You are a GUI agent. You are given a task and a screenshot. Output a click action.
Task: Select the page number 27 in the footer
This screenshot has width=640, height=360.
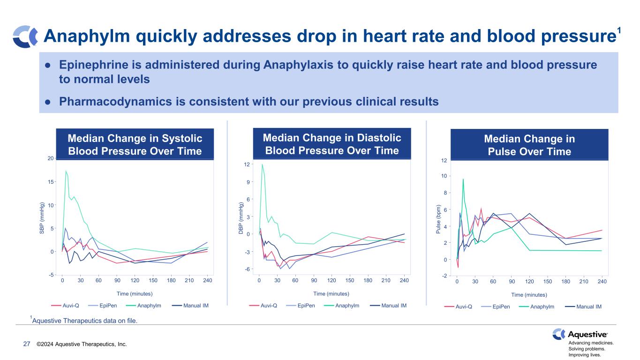point(27,345)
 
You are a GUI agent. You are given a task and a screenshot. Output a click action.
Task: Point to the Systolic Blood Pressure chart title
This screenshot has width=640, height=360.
point(135,144)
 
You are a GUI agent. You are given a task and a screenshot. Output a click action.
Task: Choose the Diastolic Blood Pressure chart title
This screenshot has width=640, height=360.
point(332,144)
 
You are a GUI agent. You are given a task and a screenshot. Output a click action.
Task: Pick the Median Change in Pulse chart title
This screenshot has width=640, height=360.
point(529,145)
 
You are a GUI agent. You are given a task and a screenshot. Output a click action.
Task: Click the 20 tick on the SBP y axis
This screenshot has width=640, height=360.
point(50,158)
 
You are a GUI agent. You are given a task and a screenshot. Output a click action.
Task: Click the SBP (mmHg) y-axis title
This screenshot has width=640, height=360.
point(42,219)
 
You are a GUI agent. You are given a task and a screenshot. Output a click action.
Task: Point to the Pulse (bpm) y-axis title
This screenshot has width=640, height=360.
point(439,219)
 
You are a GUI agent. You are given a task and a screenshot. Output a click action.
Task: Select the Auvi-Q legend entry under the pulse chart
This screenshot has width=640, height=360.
point(462,307)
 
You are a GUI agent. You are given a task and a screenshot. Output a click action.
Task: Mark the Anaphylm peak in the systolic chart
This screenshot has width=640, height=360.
point(66,171)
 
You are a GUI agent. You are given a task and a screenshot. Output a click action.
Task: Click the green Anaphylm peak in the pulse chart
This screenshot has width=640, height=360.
point(463,179)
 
